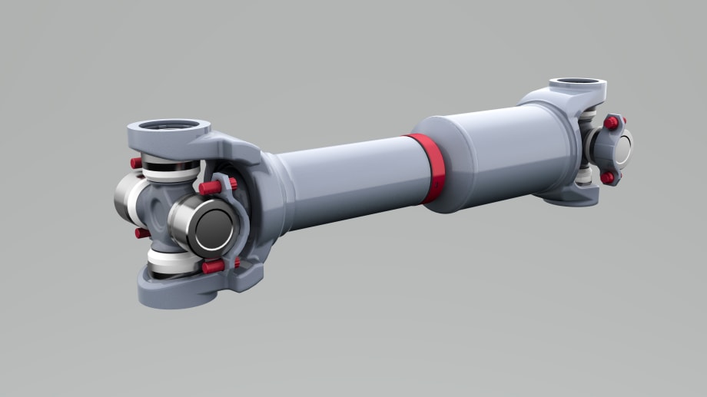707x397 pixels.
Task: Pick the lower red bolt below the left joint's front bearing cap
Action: (x=213, y=266)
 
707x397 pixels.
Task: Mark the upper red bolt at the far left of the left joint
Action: (x=136, y=163)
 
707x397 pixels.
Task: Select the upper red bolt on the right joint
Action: (x=611, y=122)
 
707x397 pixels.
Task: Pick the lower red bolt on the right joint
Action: (x=607, y=177)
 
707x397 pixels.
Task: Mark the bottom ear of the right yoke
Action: (x=573, y=196)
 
